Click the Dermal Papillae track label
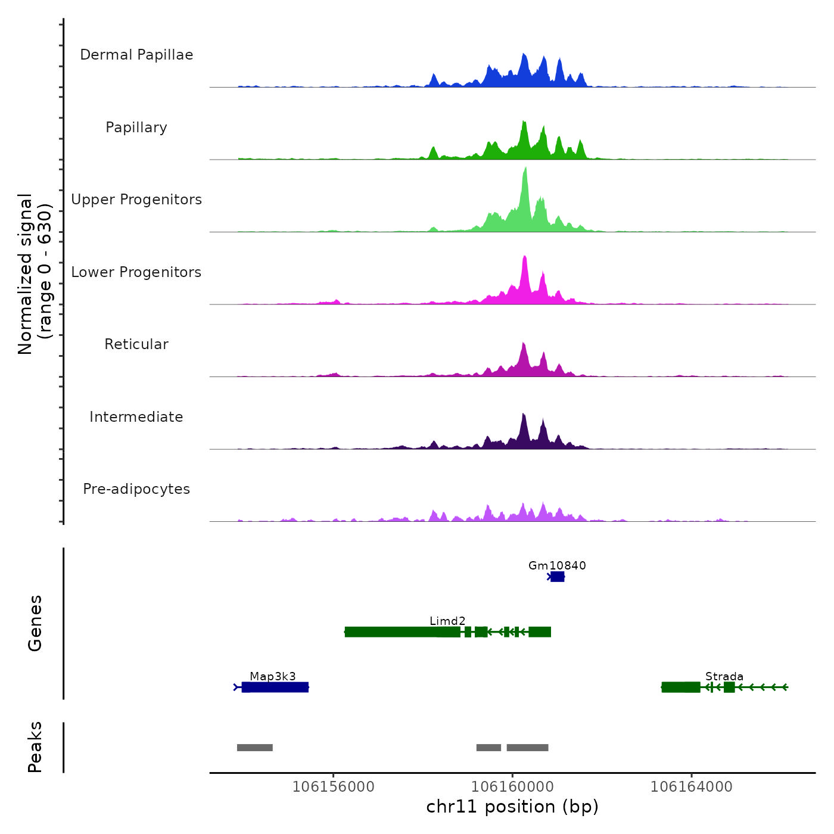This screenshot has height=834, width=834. pyautogui.click(x=136, y=55)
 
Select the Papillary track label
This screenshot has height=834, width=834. pyautogui.click(x=136, y=127)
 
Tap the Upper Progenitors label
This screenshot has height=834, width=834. pyautogui.click(x=136, y=200)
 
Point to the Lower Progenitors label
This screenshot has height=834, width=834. pyautogui.click(x=136, y=272)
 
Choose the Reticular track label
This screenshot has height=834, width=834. pyautogui.click(x=136, y=344)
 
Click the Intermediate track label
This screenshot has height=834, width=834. pyautogui.click(x=136, y=417)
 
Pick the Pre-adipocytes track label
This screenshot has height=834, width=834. pyautogui.click(x=136, y=489)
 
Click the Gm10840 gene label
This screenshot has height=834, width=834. pyautogui.click(x=557, y=565)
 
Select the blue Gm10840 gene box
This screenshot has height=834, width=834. pyautogui.click(x=557, y=577)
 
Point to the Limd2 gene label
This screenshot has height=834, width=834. pyautogui.click(x=447, y=621)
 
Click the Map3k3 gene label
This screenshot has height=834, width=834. pyautogui.click(x=273, y=676)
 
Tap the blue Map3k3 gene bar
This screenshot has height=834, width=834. pyautogui.click(x=275, y=687)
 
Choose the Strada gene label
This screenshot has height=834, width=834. pyautogui.click(x=724, y=676)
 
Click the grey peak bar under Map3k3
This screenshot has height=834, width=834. pyautogui.click(x=255, y=748)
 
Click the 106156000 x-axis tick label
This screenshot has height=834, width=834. pyautogui.click(x=334, y=786)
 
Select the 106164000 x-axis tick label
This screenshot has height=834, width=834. pyautogui.click(x=691, y=786)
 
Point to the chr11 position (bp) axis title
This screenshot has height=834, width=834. pyautogui.click(x=512, y=807)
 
